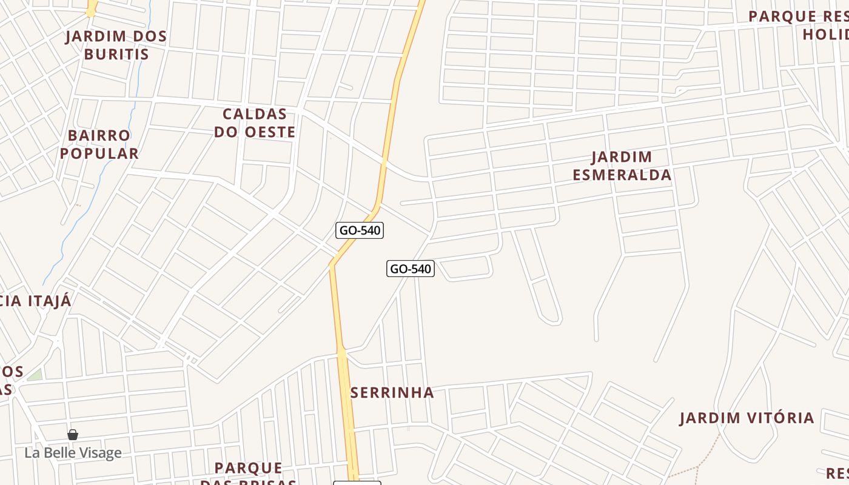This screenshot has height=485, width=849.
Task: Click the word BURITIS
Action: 116,54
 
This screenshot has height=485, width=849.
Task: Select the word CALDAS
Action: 255,114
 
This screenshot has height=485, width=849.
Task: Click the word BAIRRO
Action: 99,135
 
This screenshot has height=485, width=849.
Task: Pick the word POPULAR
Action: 99,153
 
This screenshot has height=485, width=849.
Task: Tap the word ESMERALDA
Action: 622,175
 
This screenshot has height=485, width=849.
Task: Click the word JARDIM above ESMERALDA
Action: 622,157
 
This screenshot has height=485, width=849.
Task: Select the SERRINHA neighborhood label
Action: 392,393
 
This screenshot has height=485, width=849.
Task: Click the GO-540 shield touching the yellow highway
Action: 360,230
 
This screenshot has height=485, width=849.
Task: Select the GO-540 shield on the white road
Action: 411,269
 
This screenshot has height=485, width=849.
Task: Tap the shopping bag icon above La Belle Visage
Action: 73,435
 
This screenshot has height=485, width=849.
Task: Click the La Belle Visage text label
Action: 73,453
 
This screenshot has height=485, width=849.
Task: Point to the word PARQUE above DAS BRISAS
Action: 249,468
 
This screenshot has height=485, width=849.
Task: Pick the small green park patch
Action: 35,375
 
